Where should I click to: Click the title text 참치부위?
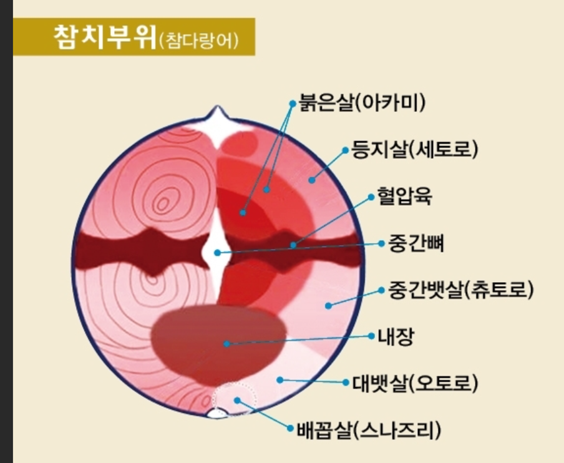(x=104, y=38)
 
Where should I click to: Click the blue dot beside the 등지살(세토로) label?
(x=344, y=150)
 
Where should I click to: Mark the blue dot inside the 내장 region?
(x=226, y=343)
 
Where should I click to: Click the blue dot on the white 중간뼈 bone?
(x=217, y=253)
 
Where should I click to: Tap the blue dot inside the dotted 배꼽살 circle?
(x=236, y=400)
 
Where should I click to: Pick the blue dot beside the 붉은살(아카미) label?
(x=291, y=102)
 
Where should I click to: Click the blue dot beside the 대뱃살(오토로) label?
(x=346, y=382)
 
